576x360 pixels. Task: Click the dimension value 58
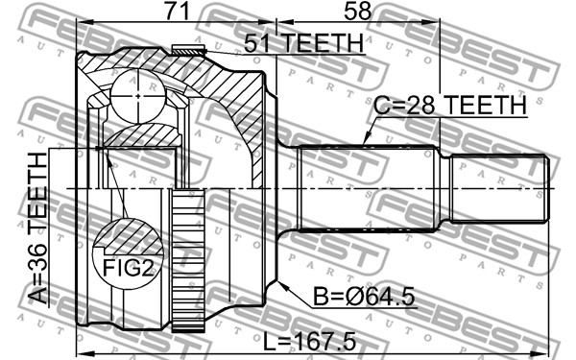point(357,11)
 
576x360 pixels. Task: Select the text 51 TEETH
point(304,43)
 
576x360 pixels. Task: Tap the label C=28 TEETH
point(450,105)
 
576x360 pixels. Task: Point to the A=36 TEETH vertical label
point(38,228)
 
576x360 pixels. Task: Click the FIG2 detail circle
point(128,254)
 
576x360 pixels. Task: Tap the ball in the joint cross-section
point(137,96)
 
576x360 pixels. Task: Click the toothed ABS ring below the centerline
point(188,260)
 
